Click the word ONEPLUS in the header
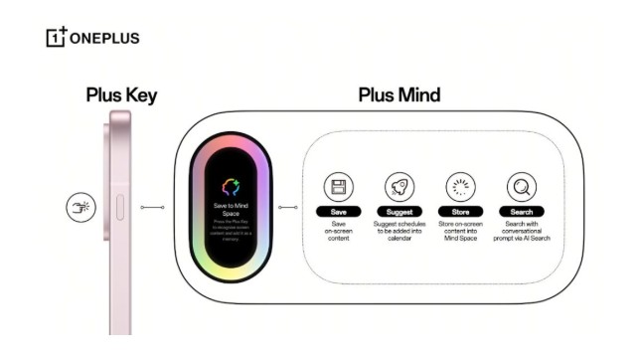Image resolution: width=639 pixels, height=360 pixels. pyautogui.click(x=104, y=39)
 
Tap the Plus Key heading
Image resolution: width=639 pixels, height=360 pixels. pyautogui.click(x=120, y=96)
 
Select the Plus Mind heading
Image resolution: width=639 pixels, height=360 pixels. pyautogui.click(x=399, y=96)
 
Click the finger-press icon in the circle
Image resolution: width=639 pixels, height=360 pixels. pyautogui.click(x=79, y=207)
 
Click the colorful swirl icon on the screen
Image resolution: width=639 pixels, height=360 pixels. pyautogui.click(x=232, y=186)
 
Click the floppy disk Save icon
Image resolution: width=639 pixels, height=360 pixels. pyautogui.click(x=337, y=186)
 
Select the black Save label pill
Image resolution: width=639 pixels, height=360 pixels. pyautogui.click(x=337, y=212)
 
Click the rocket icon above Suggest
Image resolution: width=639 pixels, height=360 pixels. pyautogui.click(x=399, y=186)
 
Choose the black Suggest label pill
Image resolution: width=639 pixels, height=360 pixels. pyautogui.click(x=399, y=212)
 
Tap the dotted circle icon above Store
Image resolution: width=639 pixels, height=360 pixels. pyautogui.click(x=459, y=186)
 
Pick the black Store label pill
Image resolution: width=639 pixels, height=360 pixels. pyautogui.click(x=459, y=212)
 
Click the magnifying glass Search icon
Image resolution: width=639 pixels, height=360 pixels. pyautogui.click(x=521, y=186)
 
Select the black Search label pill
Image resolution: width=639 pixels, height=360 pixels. pyautogui.click(x=521, y=212)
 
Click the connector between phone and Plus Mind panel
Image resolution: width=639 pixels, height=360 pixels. pyautogui.click(x=153, y=207)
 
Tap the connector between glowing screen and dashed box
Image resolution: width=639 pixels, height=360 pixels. pyautogui.click(x=288, y=207)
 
